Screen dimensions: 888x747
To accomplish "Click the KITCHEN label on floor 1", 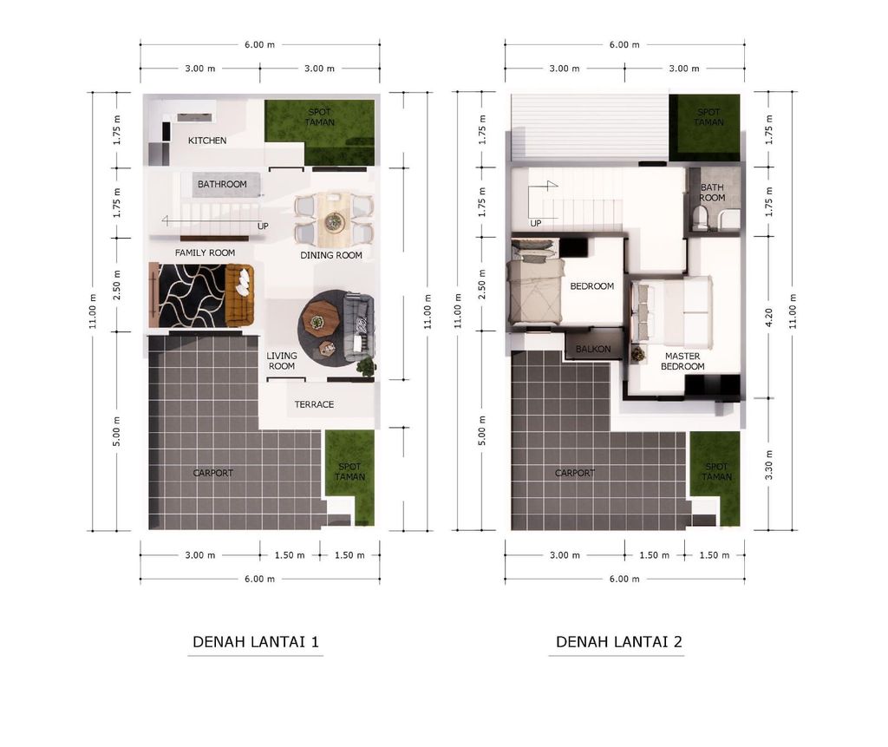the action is [207, 141].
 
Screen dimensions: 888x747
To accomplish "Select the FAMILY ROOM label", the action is [205, 252].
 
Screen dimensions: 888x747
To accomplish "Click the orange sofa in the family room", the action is [239, 295].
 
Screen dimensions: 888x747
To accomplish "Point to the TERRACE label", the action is [314, 404].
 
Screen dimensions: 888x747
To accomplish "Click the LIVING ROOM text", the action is [282, 361].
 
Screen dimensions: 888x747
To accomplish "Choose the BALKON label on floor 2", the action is [593, 349].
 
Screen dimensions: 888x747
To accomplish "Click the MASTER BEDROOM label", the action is [682, 361].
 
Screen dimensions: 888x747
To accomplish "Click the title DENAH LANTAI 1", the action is [256, 641].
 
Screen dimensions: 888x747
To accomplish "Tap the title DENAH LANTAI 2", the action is [619, 641].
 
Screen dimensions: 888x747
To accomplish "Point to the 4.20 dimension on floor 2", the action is [768, 318].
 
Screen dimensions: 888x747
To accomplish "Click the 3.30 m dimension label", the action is [768, 465].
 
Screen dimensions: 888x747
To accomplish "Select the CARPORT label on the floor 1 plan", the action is [213, 473].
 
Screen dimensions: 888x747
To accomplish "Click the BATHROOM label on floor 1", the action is [222, 184].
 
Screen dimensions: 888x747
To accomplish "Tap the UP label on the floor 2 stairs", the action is [536, 223].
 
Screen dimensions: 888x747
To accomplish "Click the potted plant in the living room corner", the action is [367, 367].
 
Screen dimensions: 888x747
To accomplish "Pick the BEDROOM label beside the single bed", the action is [591, 286].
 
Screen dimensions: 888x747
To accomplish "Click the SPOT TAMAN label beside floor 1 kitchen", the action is [319, 117].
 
